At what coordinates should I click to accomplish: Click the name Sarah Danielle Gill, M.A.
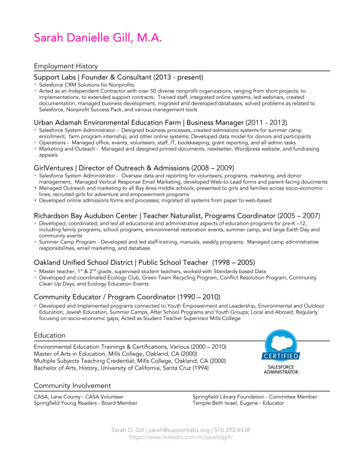pos(98,38)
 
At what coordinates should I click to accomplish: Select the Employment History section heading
pos(66,66)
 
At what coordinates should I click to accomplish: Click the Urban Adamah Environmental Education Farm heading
pos(161,122)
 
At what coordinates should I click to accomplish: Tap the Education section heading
pos(49,335)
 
